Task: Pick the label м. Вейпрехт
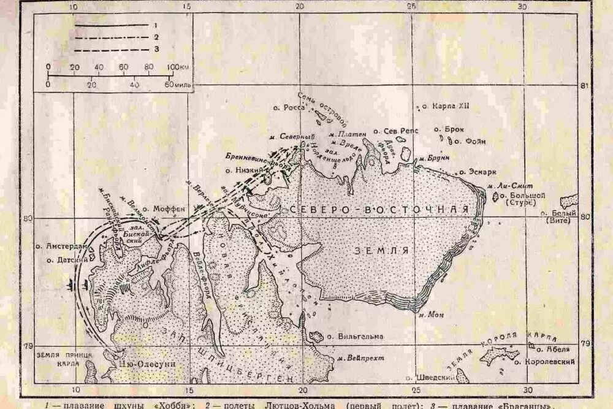click(357, 357)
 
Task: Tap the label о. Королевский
click(544, 362)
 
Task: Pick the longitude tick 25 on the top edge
click(411, 6)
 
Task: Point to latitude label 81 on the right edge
click(585, 85)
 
